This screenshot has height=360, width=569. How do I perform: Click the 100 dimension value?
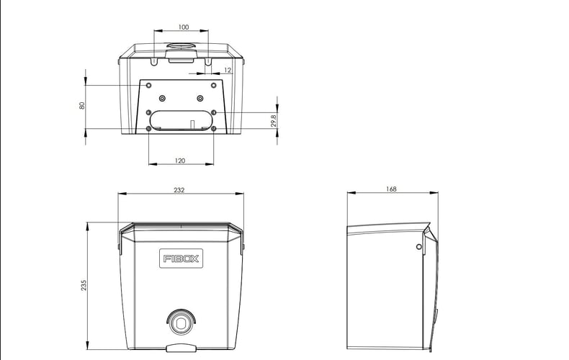(184, 27)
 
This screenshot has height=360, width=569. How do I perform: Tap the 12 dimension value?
(228, 70)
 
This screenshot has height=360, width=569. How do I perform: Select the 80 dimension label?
(82, 106)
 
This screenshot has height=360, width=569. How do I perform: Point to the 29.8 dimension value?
(274, 120)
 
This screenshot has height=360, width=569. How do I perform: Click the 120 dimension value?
(180, 161)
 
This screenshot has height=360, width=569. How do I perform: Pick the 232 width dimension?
(179, 190)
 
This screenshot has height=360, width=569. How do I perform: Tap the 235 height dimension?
(84, 285)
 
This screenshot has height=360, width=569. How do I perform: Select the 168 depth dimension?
(391, 189)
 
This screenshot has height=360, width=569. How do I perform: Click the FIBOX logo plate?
(181, 258)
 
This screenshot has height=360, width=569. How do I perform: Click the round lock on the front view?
(181, 322)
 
